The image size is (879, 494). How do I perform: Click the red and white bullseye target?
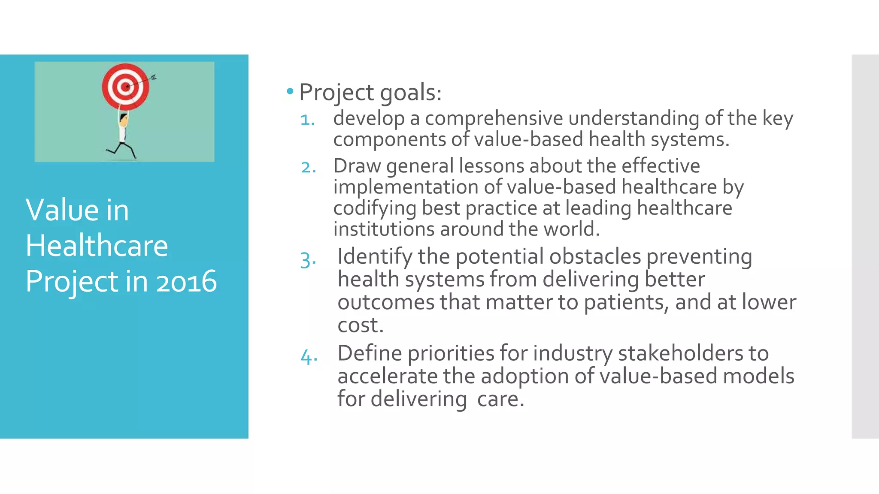pos(125,87)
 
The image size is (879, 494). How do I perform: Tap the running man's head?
pos(124,119)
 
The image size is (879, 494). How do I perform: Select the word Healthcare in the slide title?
pos(97,246)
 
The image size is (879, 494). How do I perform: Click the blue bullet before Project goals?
pos(290,91)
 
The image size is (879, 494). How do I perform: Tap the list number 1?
pos(308,120)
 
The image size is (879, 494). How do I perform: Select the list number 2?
pos(309,167)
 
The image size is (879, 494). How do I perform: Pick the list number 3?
pos(308,260)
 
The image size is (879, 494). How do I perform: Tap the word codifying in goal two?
pos(375,208)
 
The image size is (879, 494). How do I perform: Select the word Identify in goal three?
pos(375,257)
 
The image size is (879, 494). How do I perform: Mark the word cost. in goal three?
pos(360,325)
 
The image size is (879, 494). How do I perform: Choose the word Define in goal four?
pos(370,353)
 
